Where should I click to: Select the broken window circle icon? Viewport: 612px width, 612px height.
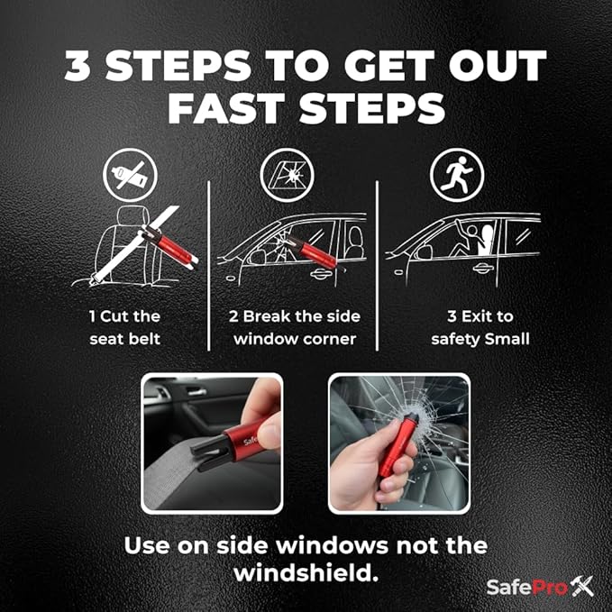pyautogui.click(x=281, y=175)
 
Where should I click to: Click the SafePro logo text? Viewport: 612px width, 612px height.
pyautogui.click(x=526, y=587)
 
